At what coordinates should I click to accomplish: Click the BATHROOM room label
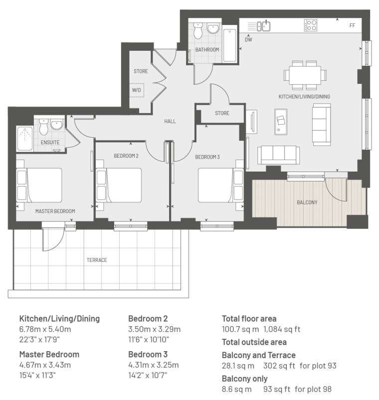pyautogui.click(x=207, y=50)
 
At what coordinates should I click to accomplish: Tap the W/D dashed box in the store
pyautogui.click(x=137, y=90)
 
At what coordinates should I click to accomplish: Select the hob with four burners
pyautogui.click(x=311, y=25)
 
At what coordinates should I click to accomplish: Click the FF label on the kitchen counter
pyautogui.click(x=352, y=25)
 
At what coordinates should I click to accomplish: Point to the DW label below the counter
pyautogui.click(x=248, y=39)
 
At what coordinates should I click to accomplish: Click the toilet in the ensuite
pyautogui.click(x=44, y=127)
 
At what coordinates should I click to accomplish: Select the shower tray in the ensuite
pyautogui.click(x=25, y=139)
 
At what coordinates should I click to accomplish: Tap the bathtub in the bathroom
pyautogui.click(x=230, y=45)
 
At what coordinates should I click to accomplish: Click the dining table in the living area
pyautogui.click(x=305, y=75)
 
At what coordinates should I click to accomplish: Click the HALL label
pyautogui.click(x=170, y=121)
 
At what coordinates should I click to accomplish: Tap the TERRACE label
pyautogui.click(x=97, y=260)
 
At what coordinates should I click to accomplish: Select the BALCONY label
pyautogui.click(x=307, y=202)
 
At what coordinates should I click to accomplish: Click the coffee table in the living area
pyautogui.click(x=281, y=122)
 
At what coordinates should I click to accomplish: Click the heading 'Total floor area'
pyautogui.click(x=249, y=319)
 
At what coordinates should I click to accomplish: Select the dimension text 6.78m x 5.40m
pyautogui.click(x=45, y=329)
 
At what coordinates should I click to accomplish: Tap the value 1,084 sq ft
pyautogui.click(x=282, y=329)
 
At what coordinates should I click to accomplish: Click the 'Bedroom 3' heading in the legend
pyautogui.click(x=148, y=354)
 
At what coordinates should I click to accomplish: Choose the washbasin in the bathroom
pyautogui.click(x=213, y=28)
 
